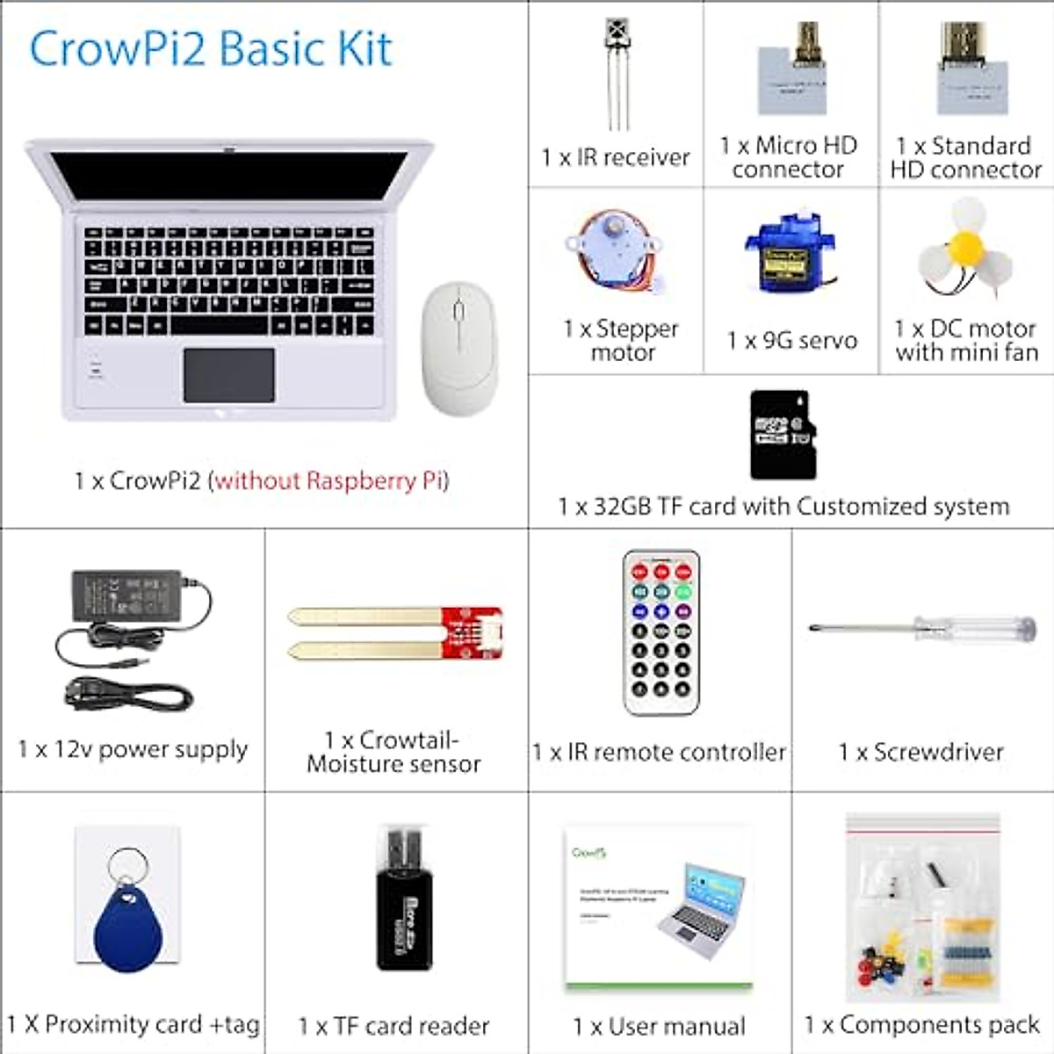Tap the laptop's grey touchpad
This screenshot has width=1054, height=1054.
click(229, 375)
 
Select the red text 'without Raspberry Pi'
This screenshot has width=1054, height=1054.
click(331, 481)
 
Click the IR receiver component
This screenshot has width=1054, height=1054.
click(617, 70)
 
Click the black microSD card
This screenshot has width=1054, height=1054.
click(782, 435)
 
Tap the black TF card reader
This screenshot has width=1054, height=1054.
click(404, 913)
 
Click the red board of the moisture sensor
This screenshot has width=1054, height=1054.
click(471, 632)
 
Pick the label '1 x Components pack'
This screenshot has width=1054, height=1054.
click(922, 1025)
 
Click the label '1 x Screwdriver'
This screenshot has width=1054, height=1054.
click(920, 752)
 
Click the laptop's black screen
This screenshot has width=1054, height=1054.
click(228, 176)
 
